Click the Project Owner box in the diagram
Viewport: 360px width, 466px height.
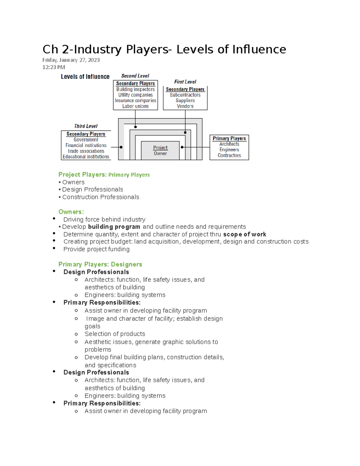(x=160, y=150)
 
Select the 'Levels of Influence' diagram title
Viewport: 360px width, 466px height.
(x=85, y=77)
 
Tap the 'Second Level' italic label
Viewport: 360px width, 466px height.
(x=135, y=76)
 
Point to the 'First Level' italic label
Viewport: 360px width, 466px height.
(x=185, y=82)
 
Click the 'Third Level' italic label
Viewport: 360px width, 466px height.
(x=86, y=126)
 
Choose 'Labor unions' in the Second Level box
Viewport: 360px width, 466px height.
(x=135, y=106)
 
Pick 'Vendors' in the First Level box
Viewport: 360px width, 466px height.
(x=185, y=106)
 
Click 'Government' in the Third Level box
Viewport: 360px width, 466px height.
(x=86, y=140)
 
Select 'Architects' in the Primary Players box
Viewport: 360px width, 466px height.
(x=229, y=144)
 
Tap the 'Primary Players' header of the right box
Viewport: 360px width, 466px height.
(x=229, y=139)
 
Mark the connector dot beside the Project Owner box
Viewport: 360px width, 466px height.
(x=182, y=147)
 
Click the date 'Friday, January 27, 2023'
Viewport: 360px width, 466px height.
(x=71, y=60)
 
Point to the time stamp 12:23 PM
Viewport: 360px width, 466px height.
(x=54, y=67)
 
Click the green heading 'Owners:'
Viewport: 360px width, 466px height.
(x=71, y=212)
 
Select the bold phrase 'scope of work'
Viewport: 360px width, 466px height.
(x=244, y=234)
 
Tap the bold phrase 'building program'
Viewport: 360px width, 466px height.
(x=114, y=227)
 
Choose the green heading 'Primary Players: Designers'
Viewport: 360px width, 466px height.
(x=100, y=264)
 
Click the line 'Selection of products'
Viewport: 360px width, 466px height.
(x=115, y=334)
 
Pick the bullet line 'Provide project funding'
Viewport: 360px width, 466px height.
(x=96, y=249)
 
